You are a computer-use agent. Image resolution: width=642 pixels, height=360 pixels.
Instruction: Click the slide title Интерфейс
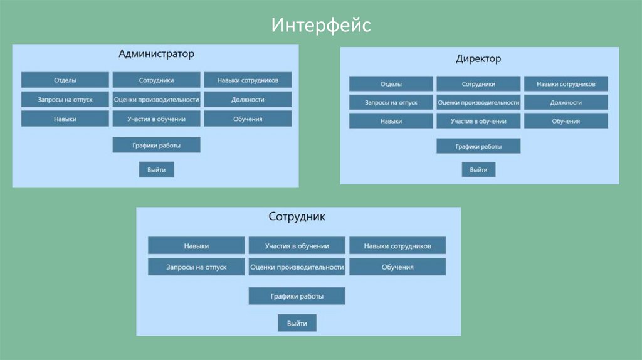click(x=322, y=25)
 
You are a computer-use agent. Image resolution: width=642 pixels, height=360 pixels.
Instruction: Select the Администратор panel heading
click(x=156, y=54)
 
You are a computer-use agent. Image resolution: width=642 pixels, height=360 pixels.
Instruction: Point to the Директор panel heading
click(x=478, y=59)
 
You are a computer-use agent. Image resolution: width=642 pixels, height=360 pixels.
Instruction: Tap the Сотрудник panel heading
click(x=297, y=217)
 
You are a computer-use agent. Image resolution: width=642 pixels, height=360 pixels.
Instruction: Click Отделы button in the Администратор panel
click(x=65, y=80)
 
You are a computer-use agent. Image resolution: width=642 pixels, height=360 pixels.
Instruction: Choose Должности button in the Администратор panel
click(x=248, y=100)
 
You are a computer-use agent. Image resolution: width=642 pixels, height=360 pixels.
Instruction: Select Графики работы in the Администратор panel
click(x=156, y=145)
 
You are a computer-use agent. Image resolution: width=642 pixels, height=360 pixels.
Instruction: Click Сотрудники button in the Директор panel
click(x=478, y=84)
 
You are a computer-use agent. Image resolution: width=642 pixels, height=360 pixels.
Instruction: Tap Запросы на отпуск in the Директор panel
click(x=391, y=102)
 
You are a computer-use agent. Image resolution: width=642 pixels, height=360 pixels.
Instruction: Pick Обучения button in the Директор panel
click(x=566, y=121)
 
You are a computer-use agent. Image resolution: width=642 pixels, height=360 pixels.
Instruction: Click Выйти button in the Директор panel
click(x=478, y=170)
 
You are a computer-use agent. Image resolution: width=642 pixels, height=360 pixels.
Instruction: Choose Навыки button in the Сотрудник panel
click(x=196, y=246)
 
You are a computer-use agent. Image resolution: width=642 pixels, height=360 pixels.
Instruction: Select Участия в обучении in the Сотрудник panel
click(x=297, y=246)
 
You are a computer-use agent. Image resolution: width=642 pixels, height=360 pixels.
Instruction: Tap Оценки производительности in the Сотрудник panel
click(x=297, y=267)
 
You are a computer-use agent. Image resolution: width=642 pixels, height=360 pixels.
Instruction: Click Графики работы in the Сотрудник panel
click(x=297, y=296)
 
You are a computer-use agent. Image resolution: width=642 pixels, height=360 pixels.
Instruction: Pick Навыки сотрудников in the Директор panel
click(x=566, y=84)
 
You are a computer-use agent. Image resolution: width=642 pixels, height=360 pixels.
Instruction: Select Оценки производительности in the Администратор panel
click(x=156, y=100)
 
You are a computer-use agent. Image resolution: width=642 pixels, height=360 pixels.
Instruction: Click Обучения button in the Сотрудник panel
click(x=397, y=267)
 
